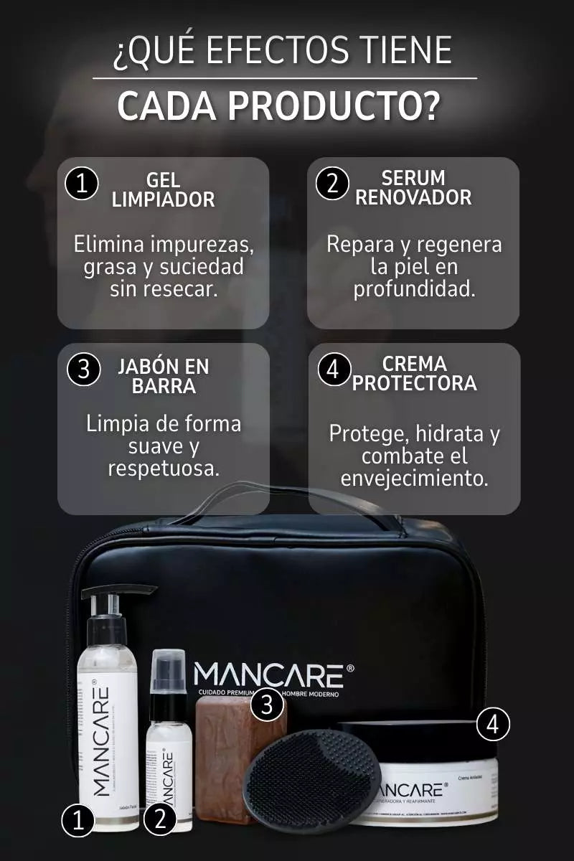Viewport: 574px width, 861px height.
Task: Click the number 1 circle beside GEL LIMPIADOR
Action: pos(82,184)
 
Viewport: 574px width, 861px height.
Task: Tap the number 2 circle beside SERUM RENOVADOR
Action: pos(332,184)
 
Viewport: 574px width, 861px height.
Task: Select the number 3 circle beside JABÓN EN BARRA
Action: pos(83,370)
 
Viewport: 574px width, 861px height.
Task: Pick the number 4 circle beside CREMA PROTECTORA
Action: pos(332,370)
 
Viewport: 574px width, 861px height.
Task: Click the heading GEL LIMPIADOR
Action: pos(163,189)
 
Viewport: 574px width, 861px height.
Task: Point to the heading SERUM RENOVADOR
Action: pos(413,187)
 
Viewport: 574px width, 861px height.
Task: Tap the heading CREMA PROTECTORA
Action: pos(414,373)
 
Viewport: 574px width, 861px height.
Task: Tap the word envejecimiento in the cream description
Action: pos(414,479)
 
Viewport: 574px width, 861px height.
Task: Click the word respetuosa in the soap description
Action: pos(163,469)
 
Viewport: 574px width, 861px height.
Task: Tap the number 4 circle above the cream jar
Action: pos(493,725)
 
